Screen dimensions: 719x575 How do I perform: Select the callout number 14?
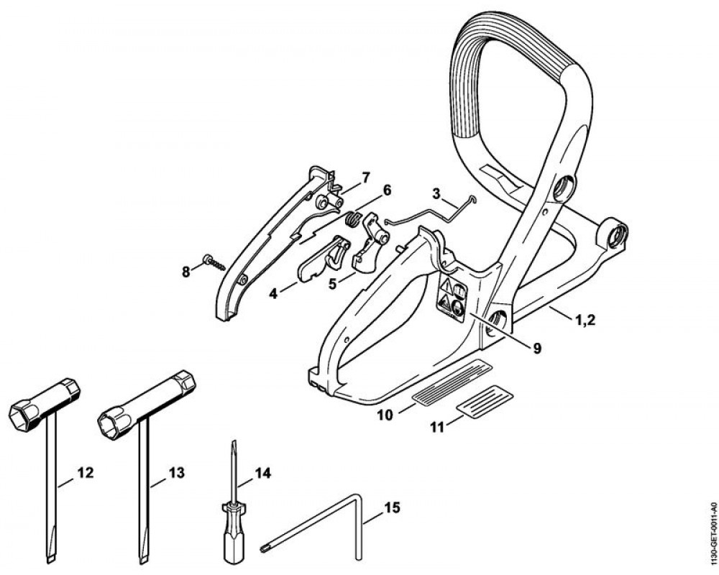click(262, 473)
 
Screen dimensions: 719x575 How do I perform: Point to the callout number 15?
click(392, 507)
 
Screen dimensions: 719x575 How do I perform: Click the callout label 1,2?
click(585, 320)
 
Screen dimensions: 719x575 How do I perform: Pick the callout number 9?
click(536, 349)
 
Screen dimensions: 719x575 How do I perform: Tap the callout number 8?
click(186, 272)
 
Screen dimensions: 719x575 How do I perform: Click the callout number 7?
click(365, 177)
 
